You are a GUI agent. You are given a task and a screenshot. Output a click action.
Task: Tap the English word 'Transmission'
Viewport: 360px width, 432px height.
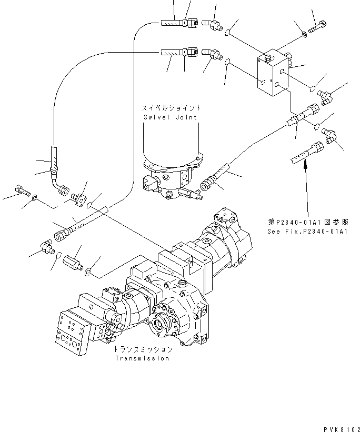click(x=143, y=358)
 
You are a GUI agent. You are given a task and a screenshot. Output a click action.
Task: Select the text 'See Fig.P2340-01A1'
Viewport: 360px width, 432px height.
click(x=307, y=230)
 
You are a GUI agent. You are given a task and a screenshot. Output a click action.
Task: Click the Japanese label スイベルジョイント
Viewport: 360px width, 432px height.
click(x=170, y=107)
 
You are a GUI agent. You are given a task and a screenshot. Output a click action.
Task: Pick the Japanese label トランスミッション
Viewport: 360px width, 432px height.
click(x=143, y=349)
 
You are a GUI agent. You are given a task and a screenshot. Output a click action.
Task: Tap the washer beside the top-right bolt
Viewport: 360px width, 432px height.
click(x=306, y=35)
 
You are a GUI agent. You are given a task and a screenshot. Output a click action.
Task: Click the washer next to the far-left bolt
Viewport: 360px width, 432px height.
click(x=35, y=198)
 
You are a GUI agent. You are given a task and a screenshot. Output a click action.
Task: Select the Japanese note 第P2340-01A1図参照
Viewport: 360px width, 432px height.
click(x=307, y=222)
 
